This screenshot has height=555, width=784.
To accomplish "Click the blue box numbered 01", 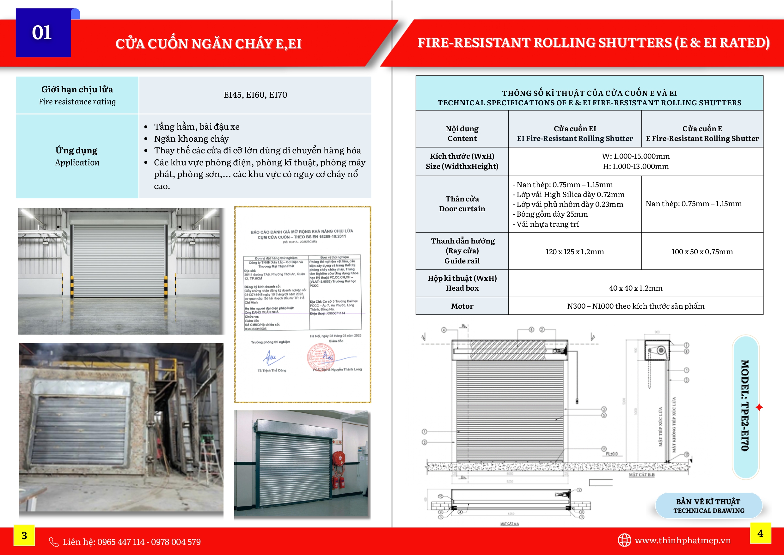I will click(43, 33).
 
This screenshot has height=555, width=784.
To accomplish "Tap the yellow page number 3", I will click(24, 535).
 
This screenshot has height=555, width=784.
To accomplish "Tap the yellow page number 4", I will click(760, 533).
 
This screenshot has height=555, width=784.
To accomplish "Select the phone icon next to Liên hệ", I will click(54, 542).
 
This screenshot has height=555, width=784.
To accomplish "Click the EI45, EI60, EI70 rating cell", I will click(255, 95).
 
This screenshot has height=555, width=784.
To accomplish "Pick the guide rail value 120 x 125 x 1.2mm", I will click(575, 251).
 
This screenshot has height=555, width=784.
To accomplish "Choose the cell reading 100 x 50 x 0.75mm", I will click(702, 251).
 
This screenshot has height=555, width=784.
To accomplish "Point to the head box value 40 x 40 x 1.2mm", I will click(635, 288).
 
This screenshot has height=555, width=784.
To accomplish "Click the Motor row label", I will click(462, 306).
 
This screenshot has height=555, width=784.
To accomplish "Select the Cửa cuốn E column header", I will click(702, 133).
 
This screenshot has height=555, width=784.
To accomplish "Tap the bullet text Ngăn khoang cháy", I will click(191, 139).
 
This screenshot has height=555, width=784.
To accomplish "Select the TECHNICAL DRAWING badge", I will click(708, 506).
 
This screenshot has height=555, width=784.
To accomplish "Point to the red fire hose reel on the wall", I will click(338, 458).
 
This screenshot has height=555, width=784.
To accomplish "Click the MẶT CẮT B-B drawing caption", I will click(641, 475).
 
